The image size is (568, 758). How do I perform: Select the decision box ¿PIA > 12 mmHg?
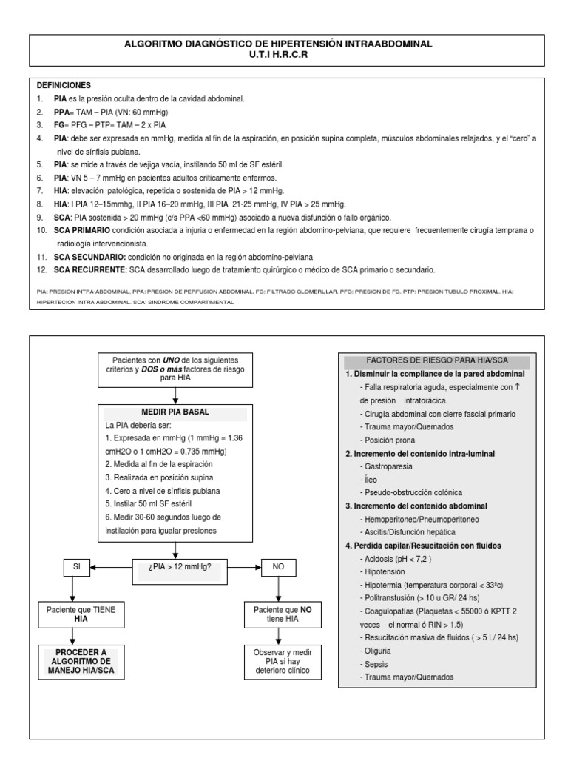[176, 568]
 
